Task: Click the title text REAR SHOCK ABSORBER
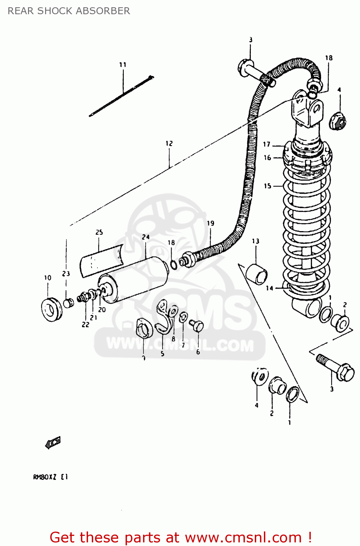click(69, 11)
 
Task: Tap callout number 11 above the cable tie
click(123, 65)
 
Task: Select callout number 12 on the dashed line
click(169, 143)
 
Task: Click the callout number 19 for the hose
click(210, 223)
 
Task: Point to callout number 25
click(99, 232)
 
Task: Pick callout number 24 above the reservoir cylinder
click(146, 237)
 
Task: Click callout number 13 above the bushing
click(256, 241)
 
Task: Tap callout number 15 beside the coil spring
click(268, 186)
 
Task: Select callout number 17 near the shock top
click(267, 145)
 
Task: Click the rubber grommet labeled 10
click(51, 309)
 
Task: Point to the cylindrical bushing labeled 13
click(257, 274)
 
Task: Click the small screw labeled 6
click(197, 325)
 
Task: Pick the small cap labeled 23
click(68, 302)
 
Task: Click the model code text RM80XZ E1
click(50, 477)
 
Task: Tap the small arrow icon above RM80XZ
click(53, 443)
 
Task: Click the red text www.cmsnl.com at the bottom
click(243, 537)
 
